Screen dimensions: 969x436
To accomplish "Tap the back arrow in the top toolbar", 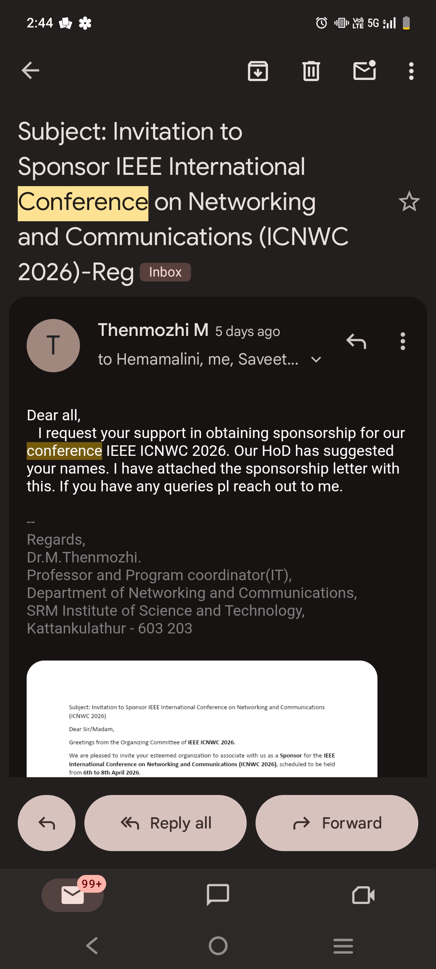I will (30, 71).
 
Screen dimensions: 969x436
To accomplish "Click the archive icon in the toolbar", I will (258, 71).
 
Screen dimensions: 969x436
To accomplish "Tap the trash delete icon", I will (311, 71).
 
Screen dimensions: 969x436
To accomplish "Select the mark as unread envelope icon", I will (365, 71).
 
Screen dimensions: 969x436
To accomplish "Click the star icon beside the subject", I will (409, 201).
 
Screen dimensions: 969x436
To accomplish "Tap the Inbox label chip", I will (165, 272).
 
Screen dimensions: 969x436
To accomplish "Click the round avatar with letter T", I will (53, 346).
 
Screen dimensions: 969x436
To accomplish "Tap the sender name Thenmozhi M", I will (153, 330).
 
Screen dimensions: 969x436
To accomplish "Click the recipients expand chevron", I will (317, 359).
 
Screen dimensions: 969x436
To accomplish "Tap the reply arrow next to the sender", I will (356, 342).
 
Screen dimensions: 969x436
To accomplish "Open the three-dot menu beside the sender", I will (402, 342).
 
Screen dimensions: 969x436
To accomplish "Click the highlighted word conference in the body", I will (65, 451).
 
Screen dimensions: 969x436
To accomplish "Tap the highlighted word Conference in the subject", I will (83, 202).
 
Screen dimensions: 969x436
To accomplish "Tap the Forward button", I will (337, 823).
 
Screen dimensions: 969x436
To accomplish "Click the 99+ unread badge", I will (92, 884).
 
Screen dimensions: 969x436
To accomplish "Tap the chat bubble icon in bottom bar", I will (218, 895).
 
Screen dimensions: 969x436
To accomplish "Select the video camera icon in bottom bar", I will (363, 895).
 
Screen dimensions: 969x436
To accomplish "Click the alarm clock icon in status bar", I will (321, 23).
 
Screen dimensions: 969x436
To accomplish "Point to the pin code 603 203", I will (165, 629).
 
